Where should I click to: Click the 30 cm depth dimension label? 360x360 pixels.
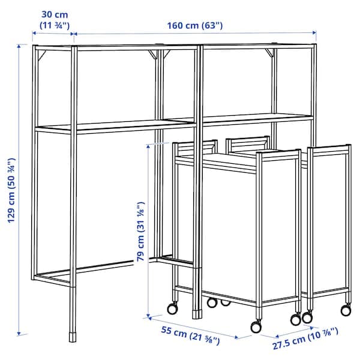55,19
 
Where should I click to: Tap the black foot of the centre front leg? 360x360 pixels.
197,313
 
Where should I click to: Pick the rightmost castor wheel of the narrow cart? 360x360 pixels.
346,310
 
